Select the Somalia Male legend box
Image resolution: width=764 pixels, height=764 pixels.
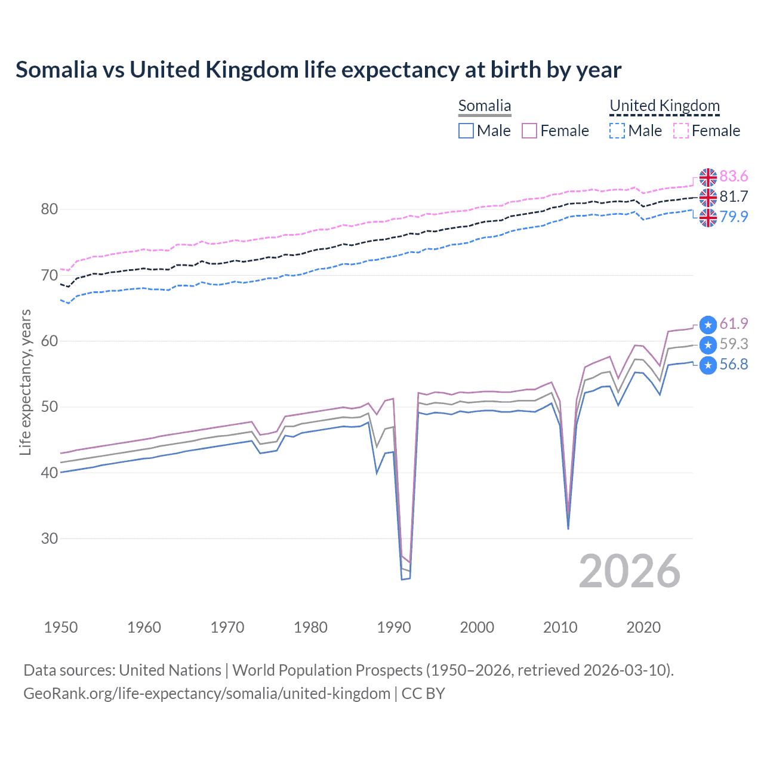click(466, 131)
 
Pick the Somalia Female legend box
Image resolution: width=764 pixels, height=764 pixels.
click(529, 131)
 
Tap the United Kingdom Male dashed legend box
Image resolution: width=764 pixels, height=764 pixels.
click(617, 131)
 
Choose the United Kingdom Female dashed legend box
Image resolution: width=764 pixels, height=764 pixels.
click(681, 131)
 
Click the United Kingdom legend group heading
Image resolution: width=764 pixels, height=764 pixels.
click(664, 106)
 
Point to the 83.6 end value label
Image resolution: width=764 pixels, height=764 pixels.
click(734, 177)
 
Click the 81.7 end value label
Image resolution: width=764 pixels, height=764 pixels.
click(734, 197)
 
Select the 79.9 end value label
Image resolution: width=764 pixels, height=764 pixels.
click(734, 217)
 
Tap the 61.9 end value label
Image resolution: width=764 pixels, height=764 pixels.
click(734, 324)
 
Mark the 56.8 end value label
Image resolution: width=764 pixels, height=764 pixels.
click(734, 365)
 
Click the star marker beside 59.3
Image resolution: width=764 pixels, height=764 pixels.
click(708, 345)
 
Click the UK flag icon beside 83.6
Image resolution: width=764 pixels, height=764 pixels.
click(708, 177)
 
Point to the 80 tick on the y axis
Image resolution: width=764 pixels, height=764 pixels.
click(50, 210)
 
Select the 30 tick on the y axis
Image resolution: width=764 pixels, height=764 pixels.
click(50, 538)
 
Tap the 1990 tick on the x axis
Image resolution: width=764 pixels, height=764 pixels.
click(394, 627)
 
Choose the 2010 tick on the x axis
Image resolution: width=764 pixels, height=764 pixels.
click(560, 627)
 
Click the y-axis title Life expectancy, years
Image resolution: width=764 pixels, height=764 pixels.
click(26, 382)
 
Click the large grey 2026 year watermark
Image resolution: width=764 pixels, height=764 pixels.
click(629, 572)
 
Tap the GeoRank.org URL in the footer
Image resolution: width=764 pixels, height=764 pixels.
click(207, 694)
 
